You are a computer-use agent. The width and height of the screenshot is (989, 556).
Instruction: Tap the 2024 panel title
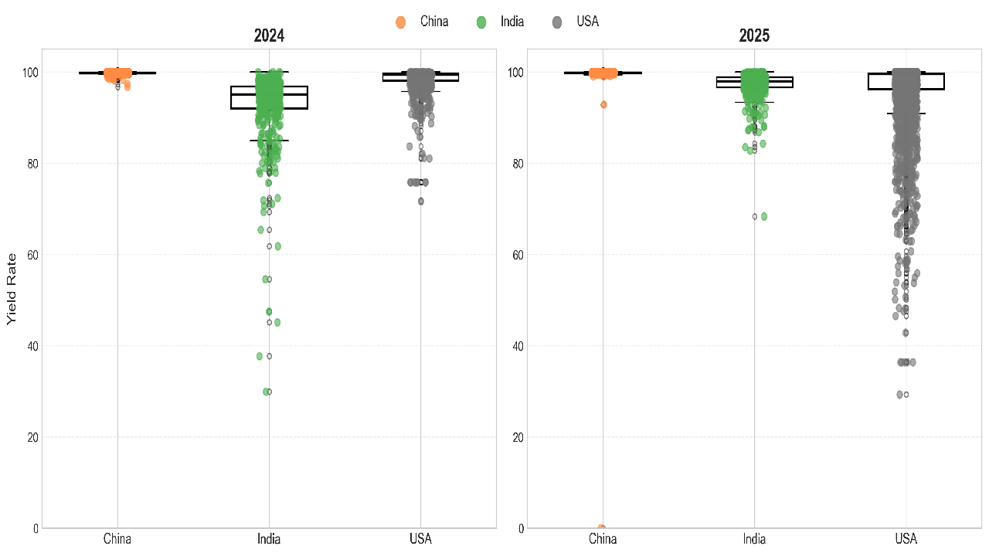[269, 36]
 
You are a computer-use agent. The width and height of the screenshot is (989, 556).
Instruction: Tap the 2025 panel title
[754, 36]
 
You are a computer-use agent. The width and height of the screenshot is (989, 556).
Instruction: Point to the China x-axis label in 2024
[117, 538]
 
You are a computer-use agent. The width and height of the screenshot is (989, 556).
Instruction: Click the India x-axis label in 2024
[269, 538]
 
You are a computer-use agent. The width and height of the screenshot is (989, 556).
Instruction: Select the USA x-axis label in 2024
[420, 538]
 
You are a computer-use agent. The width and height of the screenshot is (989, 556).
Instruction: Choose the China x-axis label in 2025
[603, 538]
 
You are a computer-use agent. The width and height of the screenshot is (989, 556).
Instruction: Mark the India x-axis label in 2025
[754, 538]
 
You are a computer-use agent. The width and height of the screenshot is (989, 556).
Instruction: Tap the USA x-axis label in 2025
[906, 538]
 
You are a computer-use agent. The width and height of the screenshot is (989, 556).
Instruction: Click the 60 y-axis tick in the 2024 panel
[32, 255]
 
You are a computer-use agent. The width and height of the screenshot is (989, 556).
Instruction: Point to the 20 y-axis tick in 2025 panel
[517, 437]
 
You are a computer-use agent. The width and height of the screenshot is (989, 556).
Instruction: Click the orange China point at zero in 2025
[601, 528]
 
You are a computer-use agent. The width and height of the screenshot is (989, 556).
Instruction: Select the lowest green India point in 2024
[267, 392]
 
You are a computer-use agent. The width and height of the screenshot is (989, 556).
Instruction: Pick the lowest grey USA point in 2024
[421, 202]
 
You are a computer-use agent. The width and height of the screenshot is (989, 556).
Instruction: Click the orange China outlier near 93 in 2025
[603, 104]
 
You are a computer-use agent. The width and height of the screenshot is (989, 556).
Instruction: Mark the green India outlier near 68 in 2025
[764, 216]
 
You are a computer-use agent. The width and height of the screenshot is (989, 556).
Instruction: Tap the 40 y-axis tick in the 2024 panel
[32, 346]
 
